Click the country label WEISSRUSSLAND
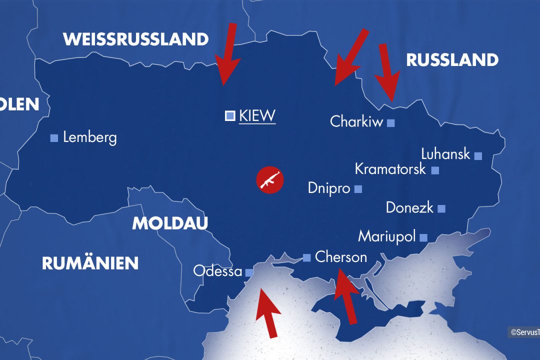[135, 39]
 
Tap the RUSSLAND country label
[452, 60]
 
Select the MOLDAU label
[169, 223]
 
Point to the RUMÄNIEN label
[90, 263]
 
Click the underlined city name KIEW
[257, 116]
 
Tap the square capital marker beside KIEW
[230, 116]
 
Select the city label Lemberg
[89, 137]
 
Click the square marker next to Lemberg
[54, 138]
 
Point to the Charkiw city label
[356, 121]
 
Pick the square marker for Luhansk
[478, 156]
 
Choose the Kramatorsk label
[390, 169]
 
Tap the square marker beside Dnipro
[358, 189]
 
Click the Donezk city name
[409, 207]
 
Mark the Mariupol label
[387, 236]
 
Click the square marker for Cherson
[306, 258]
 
